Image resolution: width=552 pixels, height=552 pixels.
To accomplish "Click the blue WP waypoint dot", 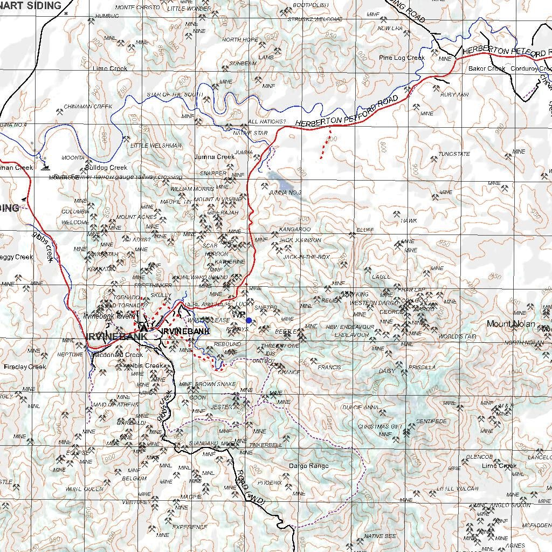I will coord(249,320).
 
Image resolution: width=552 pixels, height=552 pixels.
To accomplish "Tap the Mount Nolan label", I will coord(511,324).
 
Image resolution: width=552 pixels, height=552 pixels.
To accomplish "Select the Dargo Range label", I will coord(308,466).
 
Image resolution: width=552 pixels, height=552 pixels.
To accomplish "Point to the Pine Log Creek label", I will coord(402,58).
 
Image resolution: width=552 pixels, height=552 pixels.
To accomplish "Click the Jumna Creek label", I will coord(215,157).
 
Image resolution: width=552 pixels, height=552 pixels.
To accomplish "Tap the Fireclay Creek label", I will coord(25,367).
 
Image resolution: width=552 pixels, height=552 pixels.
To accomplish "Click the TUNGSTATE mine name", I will coord(454,154).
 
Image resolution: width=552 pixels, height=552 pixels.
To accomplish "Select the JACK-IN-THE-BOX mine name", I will coord(306,257).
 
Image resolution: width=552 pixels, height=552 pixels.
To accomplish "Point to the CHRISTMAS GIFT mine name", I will coord(380,426).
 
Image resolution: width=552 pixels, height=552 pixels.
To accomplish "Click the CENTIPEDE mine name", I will coord(431,420).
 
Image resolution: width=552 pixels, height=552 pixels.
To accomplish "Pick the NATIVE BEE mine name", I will coord(380,536).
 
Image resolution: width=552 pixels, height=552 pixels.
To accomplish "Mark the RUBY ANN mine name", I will coord(454,95).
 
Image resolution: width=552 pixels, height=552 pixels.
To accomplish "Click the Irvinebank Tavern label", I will coord(109,316).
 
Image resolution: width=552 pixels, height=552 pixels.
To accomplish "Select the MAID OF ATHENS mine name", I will coord(116,404).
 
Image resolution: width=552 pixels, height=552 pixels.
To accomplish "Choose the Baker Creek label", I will coord(486,68).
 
